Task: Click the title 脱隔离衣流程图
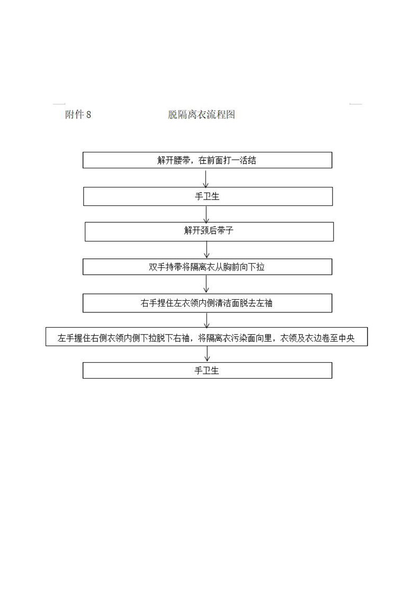click(x=202, y=114)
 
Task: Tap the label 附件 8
click(x=78, y=114)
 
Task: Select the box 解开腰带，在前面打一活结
click(x=207, y=160)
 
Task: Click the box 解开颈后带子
click(x=209, y=231)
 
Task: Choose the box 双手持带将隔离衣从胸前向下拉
click(x=207, y=267)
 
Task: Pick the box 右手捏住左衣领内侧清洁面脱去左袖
click(x=207, y=303)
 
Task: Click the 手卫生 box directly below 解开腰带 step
click(x=208, y=196)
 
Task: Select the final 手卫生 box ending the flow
click(x=207, y=370)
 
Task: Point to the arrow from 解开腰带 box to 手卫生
click(x=206, y=179)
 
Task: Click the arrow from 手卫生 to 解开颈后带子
click(x=207, y=214)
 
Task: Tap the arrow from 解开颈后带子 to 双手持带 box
click(x=207, y=250)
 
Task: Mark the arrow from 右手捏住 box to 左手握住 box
click(x=207, y=320)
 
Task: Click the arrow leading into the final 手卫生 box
click(x=207, y=354)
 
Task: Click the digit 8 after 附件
click(x=88, y=114)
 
